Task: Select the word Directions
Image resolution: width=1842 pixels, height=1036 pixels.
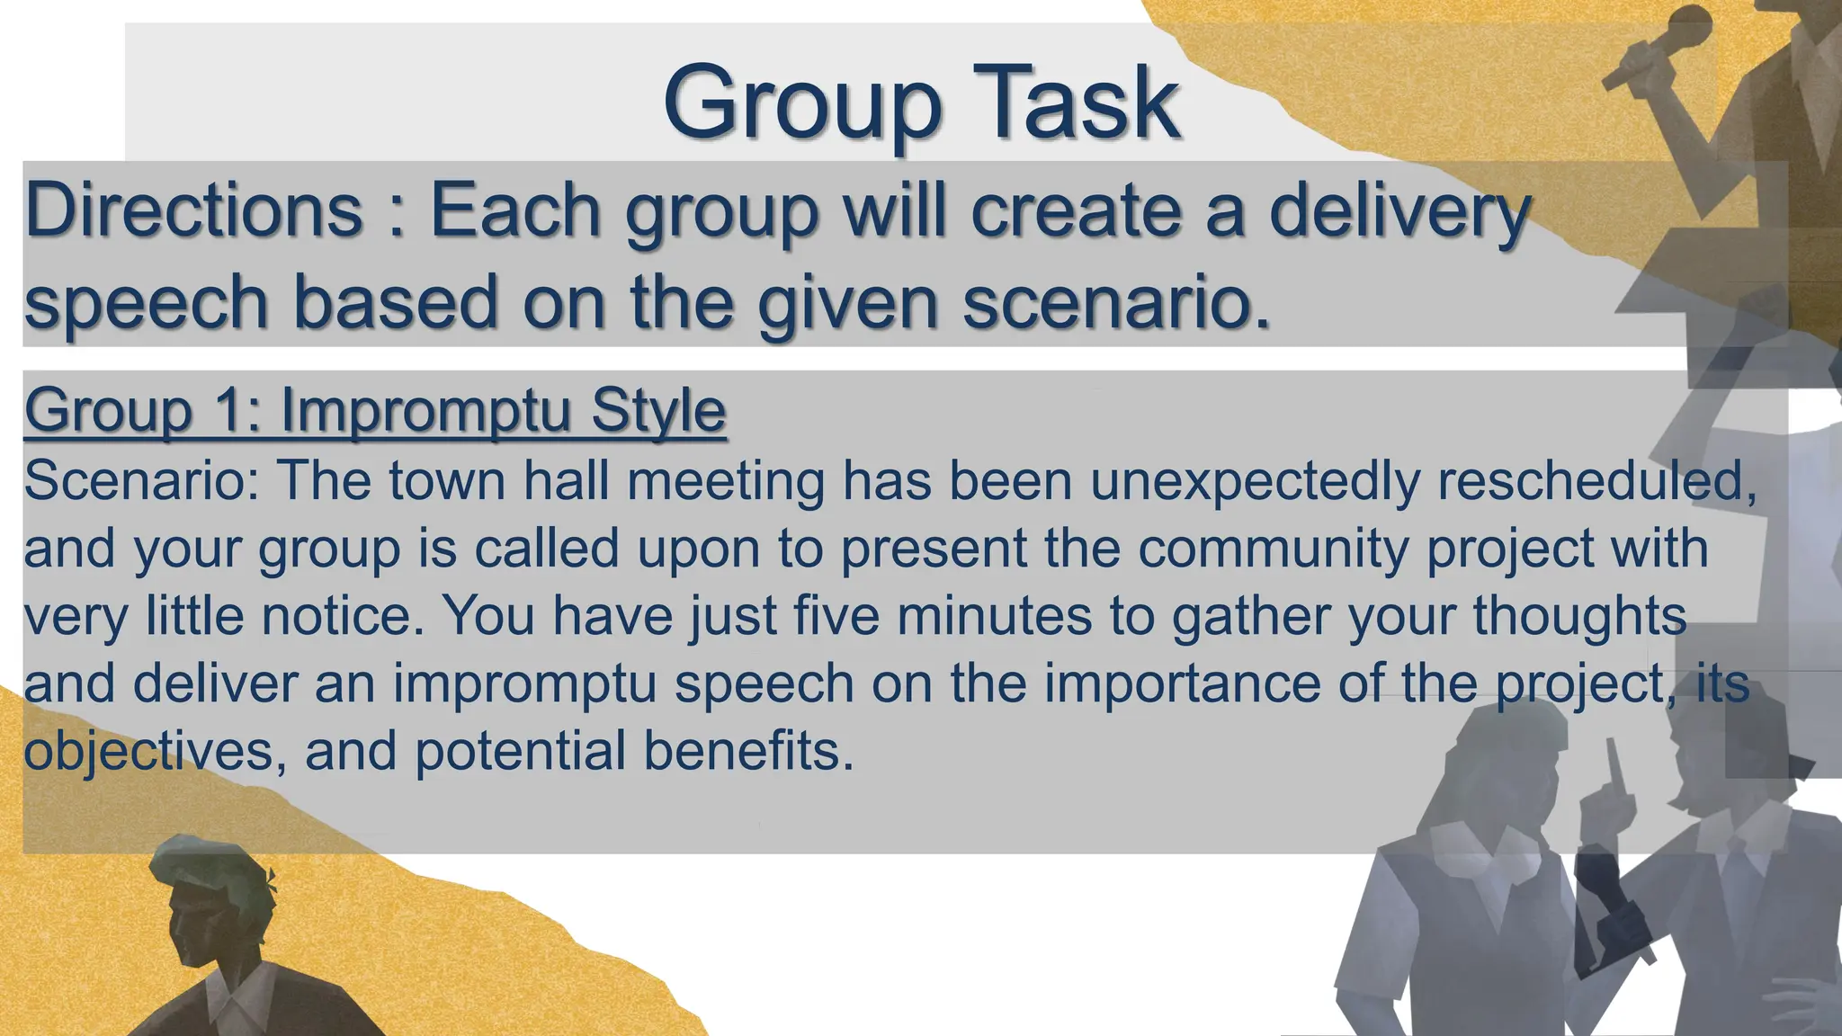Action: pyautogui.click(x=193, y=210)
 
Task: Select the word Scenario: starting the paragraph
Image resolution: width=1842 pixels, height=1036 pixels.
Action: pyautogui.click(x=141, y=480)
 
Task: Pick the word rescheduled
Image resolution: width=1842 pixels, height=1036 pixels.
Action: pyautogui.click(x=1596, y=480)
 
